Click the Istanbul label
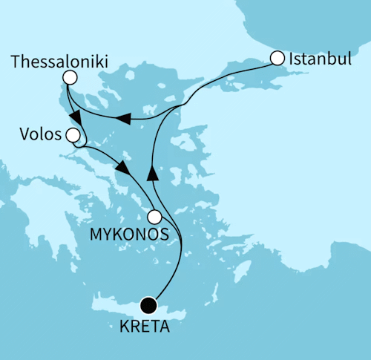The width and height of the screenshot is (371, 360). (320, 58)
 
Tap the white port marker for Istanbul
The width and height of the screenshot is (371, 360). (277, 57)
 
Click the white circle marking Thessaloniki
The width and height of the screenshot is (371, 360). (70, 77)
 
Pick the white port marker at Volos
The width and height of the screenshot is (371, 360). (73, 135)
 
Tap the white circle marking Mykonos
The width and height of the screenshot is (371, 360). (154, 217)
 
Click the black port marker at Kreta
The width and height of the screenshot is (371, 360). (148, 304)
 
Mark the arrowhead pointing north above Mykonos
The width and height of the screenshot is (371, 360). (153, 173)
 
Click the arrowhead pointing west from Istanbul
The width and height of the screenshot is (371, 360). (125, 119)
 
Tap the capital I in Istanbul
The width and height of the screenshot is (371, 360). (292, 58)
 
